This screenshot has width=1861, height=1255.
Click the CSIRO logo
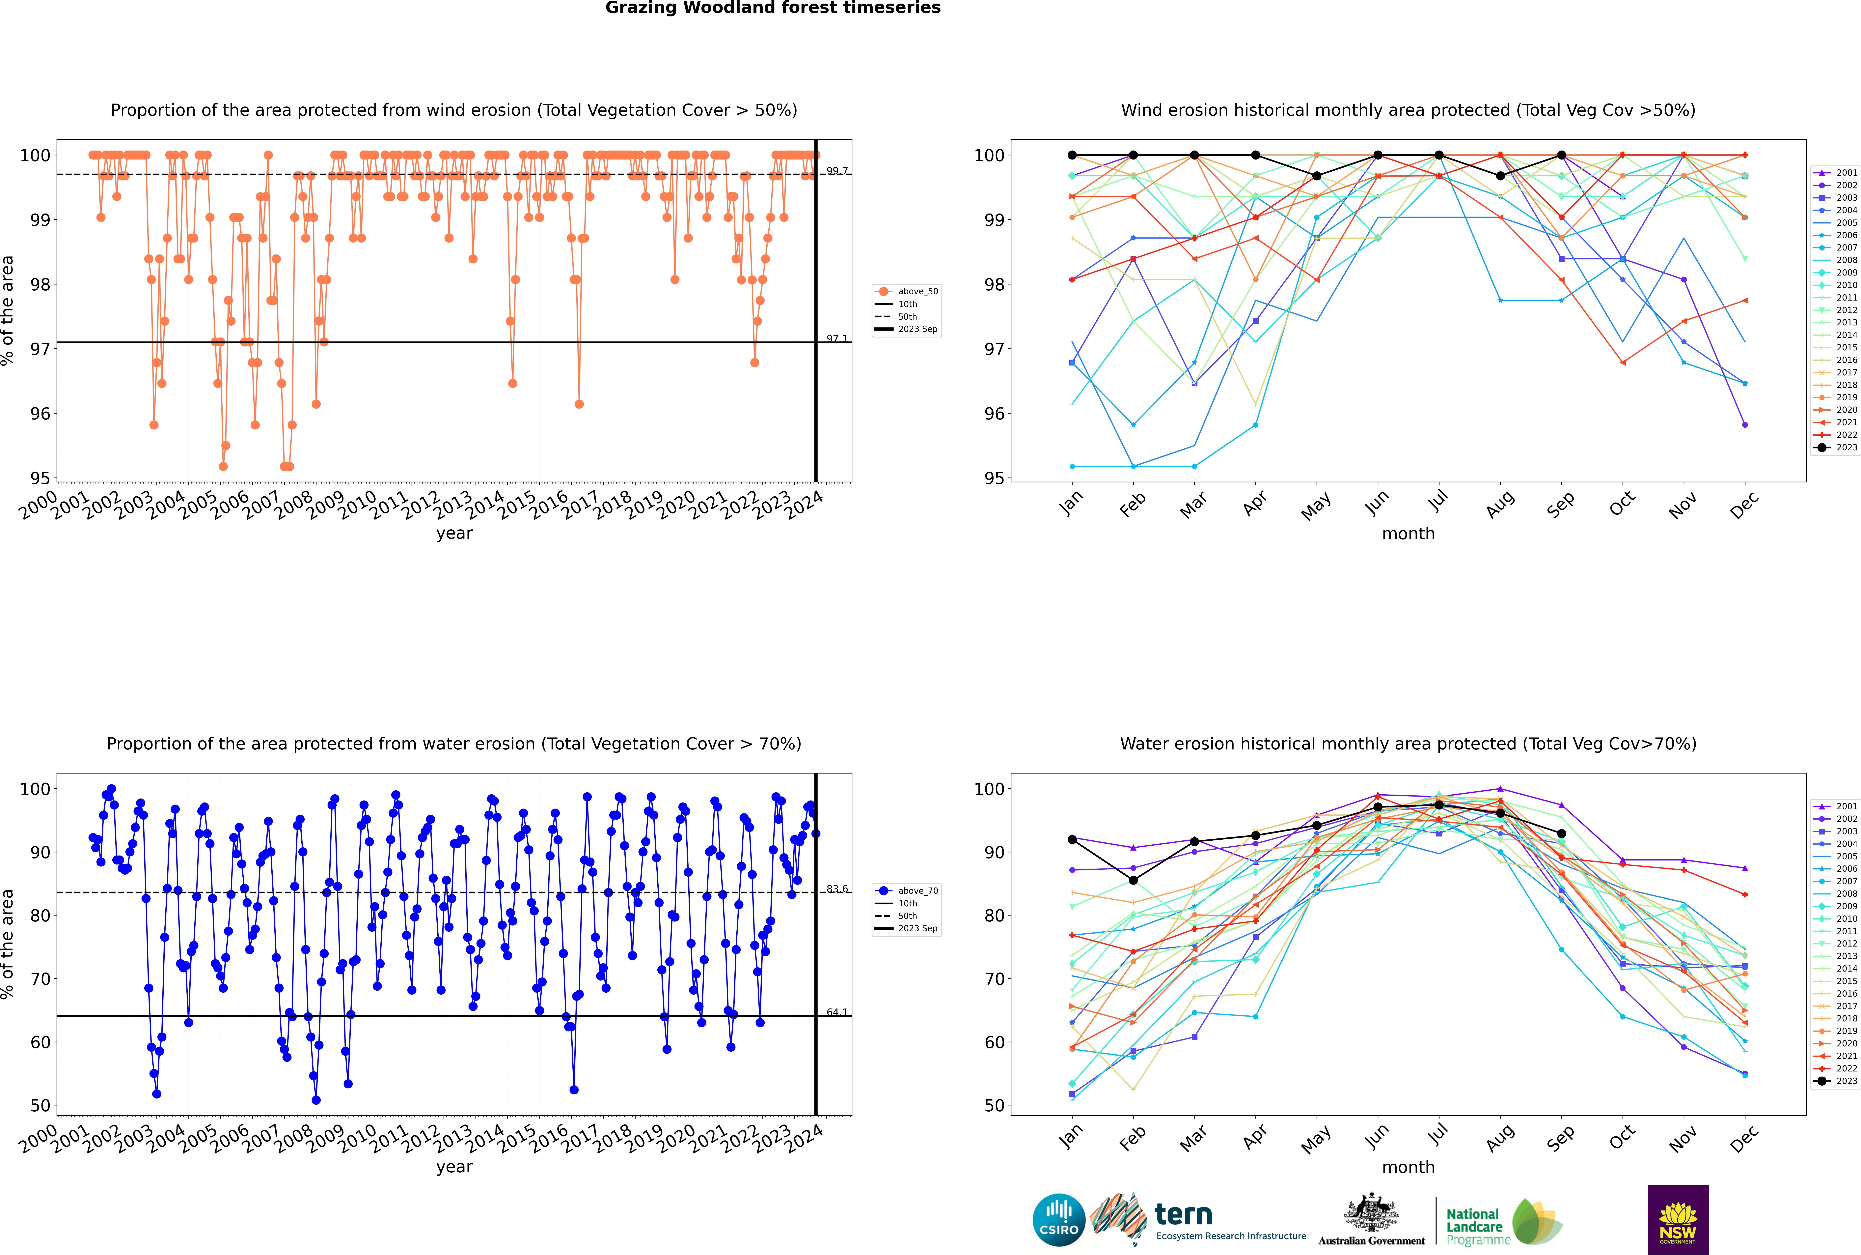point(1058,1221)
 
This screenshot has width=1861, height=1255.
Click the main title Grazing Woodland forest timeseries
point(773,8)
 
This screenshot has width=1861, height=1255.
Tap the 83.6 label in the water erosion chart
point(837,889)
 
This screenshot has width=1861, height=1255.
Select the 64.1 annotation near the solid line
point(837,1012)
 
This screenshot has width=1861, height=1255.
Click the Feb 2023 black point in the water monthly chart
point(1133,880)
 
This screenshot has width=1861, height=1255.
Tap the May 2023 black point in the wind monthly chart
point(1317,176)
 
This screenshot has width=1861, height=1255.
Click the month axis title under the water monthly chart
point(1408,1167)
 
